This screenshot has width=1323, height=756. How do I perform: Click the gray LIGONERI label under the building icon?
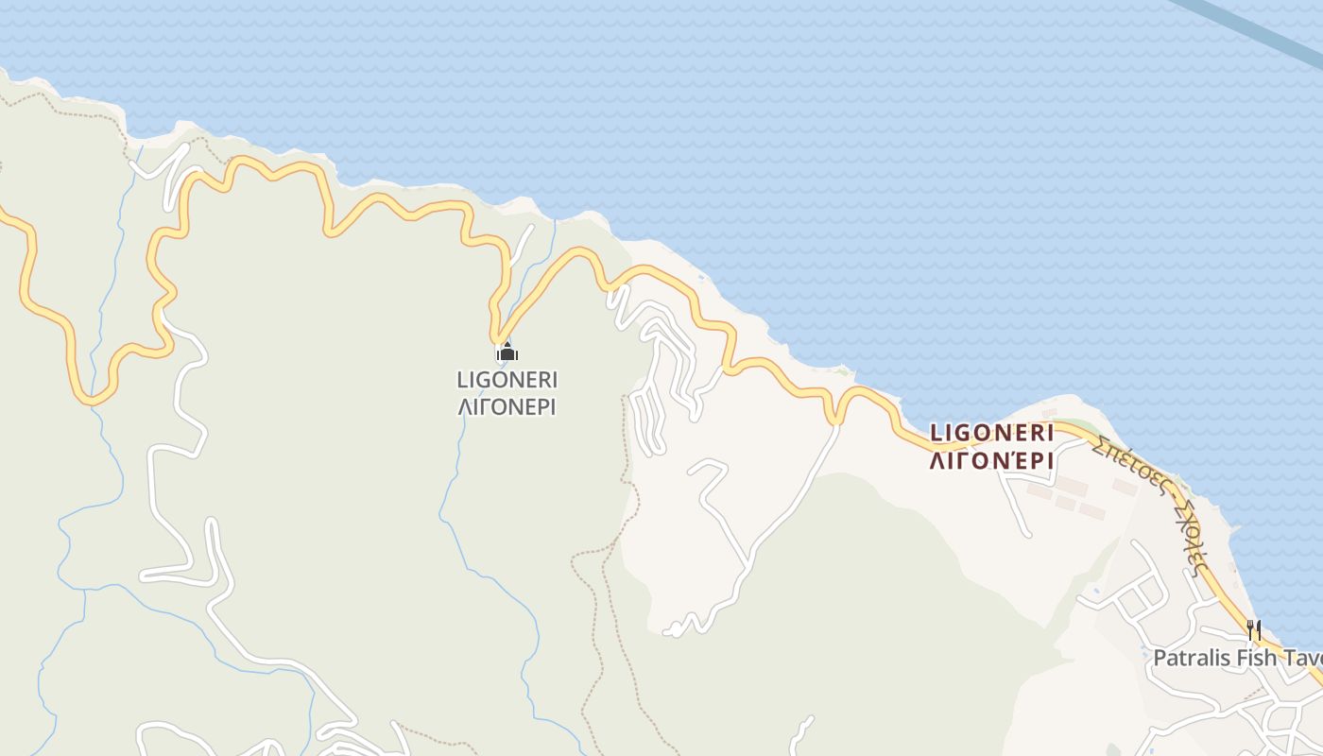[507, 380]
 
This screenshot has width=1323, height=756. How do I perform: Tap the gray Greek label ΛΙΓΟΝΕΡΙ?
[507, 407]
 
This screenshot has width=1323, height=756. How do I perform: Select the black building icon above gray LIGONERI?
[507, 353]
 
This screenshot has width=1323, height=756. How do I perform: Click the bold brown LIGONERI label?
[991, 433]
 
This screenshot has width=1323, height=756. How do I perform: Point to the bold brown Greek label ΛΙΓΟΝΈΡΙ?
[991, 461]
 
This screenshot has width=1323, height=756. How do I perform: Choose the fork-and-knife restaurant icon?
[1254, 629]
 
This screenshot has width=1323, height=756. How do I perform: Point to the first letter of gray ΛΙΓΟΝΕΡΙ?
[464, 407]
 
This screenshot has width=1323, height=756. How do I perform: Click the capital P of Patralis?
[1160, 658]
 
